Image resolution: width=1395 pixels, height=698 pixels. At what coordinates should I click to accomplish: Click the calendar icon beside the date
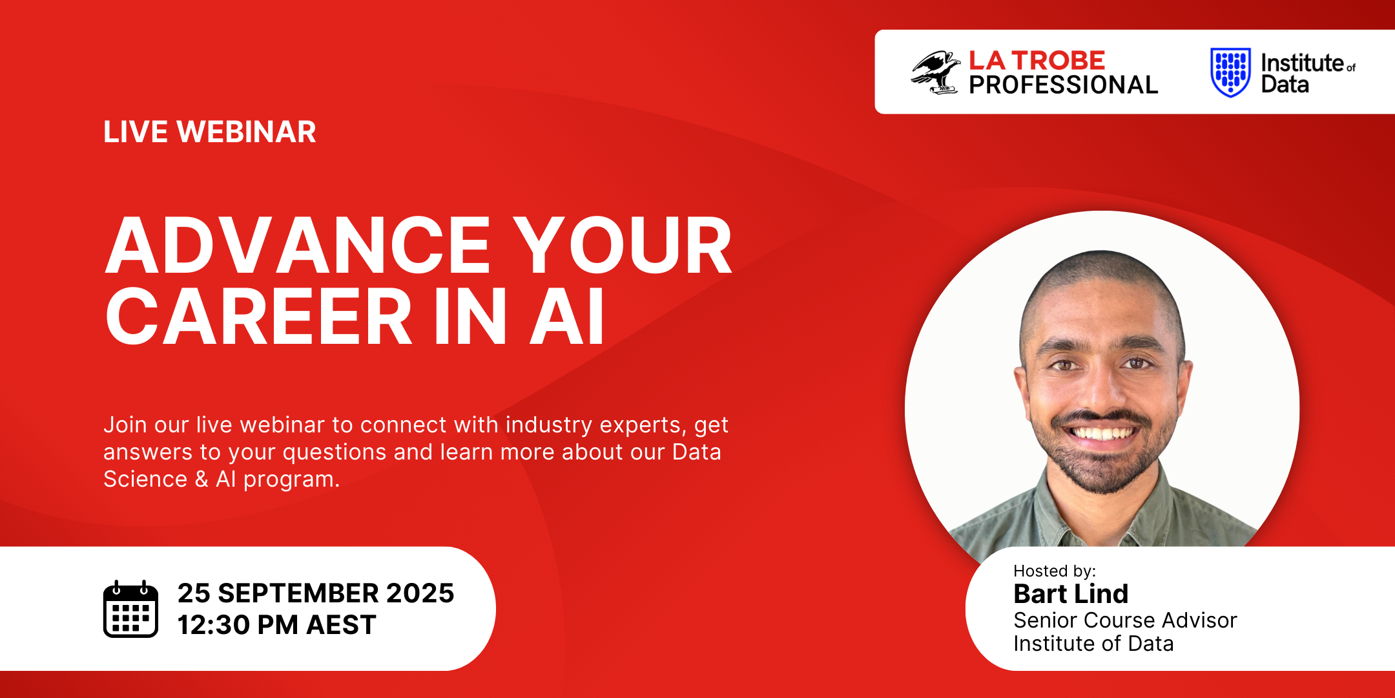click(x=130, y=609)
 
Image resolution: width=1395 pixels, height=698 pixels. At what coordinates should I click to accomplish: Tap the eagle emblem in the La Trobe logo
click(x=935, y=72)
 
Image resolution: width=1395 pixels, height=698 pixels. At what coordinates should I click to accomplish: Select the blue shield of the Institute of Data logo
click(x=1230, y=72)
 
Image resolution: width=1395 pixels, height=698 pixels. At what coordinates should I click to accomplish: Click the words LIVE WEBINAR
click(x=210, y=132)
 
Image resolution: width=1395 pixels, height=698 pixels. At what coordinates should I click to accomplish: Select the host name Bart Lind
click(x=1071, y=593)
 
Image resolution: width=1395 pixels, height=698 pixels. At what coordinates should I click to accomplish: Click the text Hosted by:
click(x=1055, y=571)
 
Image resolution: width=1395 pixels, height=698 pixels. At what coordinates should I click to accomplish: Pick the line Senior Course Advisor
click(x=1125, y=620)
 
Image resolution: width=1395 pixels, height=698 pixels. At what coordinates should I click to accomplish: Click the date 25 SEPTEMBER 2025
click(x=316, y=593)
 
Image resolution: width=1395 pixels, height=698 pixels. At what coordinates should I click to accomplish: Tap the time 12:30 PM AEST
click(x=276, y=625)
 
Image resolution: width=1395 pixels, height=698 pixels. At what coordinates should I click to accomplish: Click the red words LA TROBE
click(x=1037, y=61)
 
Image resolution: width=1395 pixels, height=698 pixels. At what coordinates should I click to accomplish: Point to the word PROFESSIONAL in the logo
click(x=1063, y=85)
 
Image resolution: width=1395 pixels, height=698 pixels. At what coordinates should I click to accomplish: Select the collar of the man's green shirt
click(x=1101, y=511)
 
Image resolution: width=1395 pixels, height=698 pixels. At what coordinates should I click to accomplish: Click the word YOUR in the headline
click(x=625, y=246)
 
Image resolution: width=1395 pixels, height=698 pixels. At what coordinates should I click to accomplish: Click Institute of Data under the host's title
click(x=1093, y=644)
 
